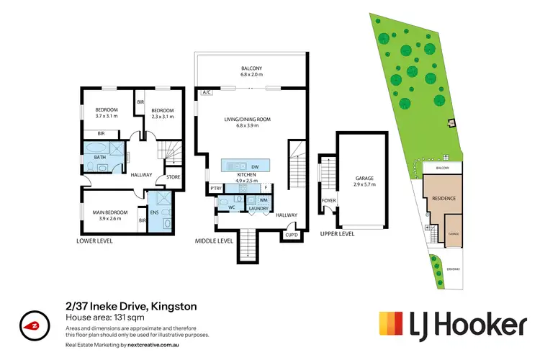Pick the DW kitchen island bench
pyautogui.click(x=247, y=164)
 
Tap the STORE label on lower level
pyautogui.click(x=173, y=176)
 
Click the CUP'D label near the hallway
pyautogui.click(x=292, y=234)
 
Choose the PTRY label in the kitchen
pyautogui.click(x=215, y=189)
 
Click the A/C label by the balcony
pyautogui.click(x=205, y=92)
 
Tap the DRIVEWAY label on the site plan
pyautogui.click(x=452, y=269)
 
